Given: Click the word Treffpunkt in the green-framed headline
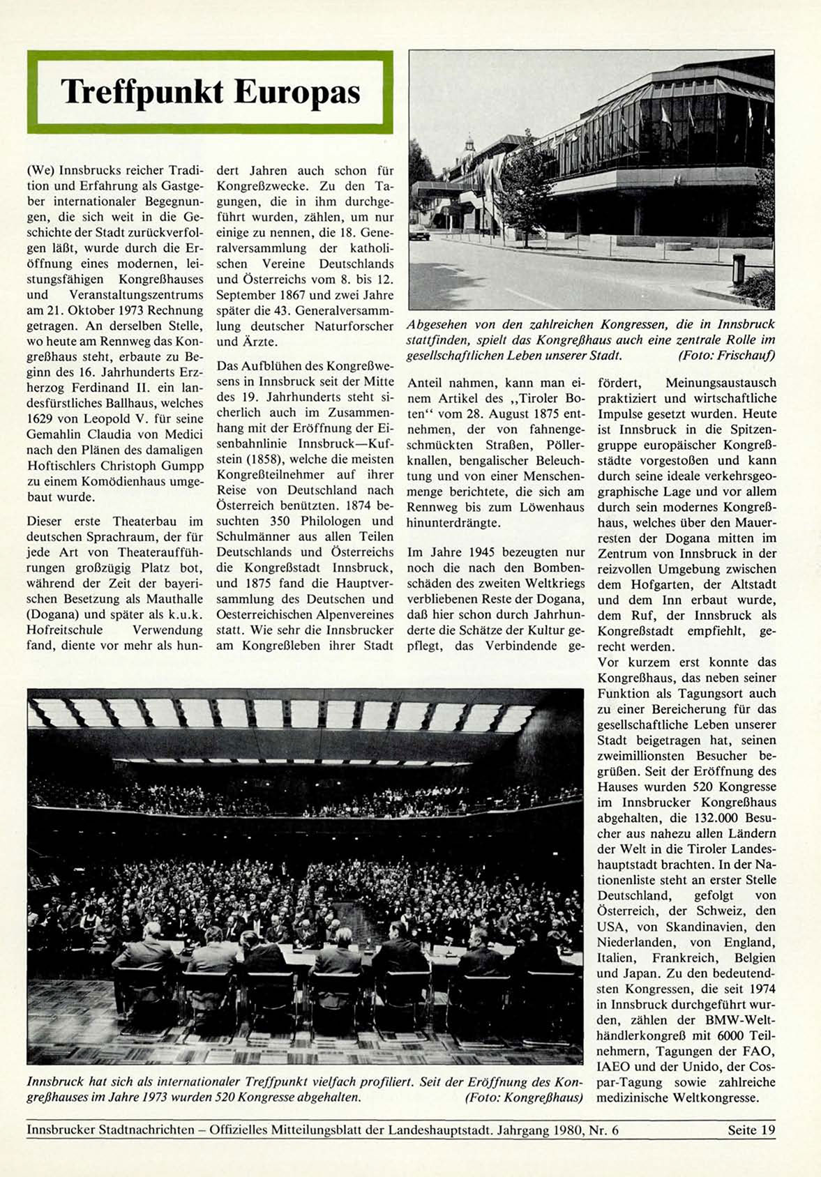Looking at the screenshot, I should coord(142,92).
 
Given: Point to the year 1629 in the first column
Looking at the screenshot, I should coord(41,418).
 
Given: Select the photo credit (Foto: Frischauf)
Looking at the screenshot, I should coord(726,356).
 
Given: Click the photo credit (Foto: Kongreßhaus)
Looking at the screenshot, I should coord(523,1098).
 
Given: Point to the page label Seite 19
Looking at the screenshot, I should coord(751,1130).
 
